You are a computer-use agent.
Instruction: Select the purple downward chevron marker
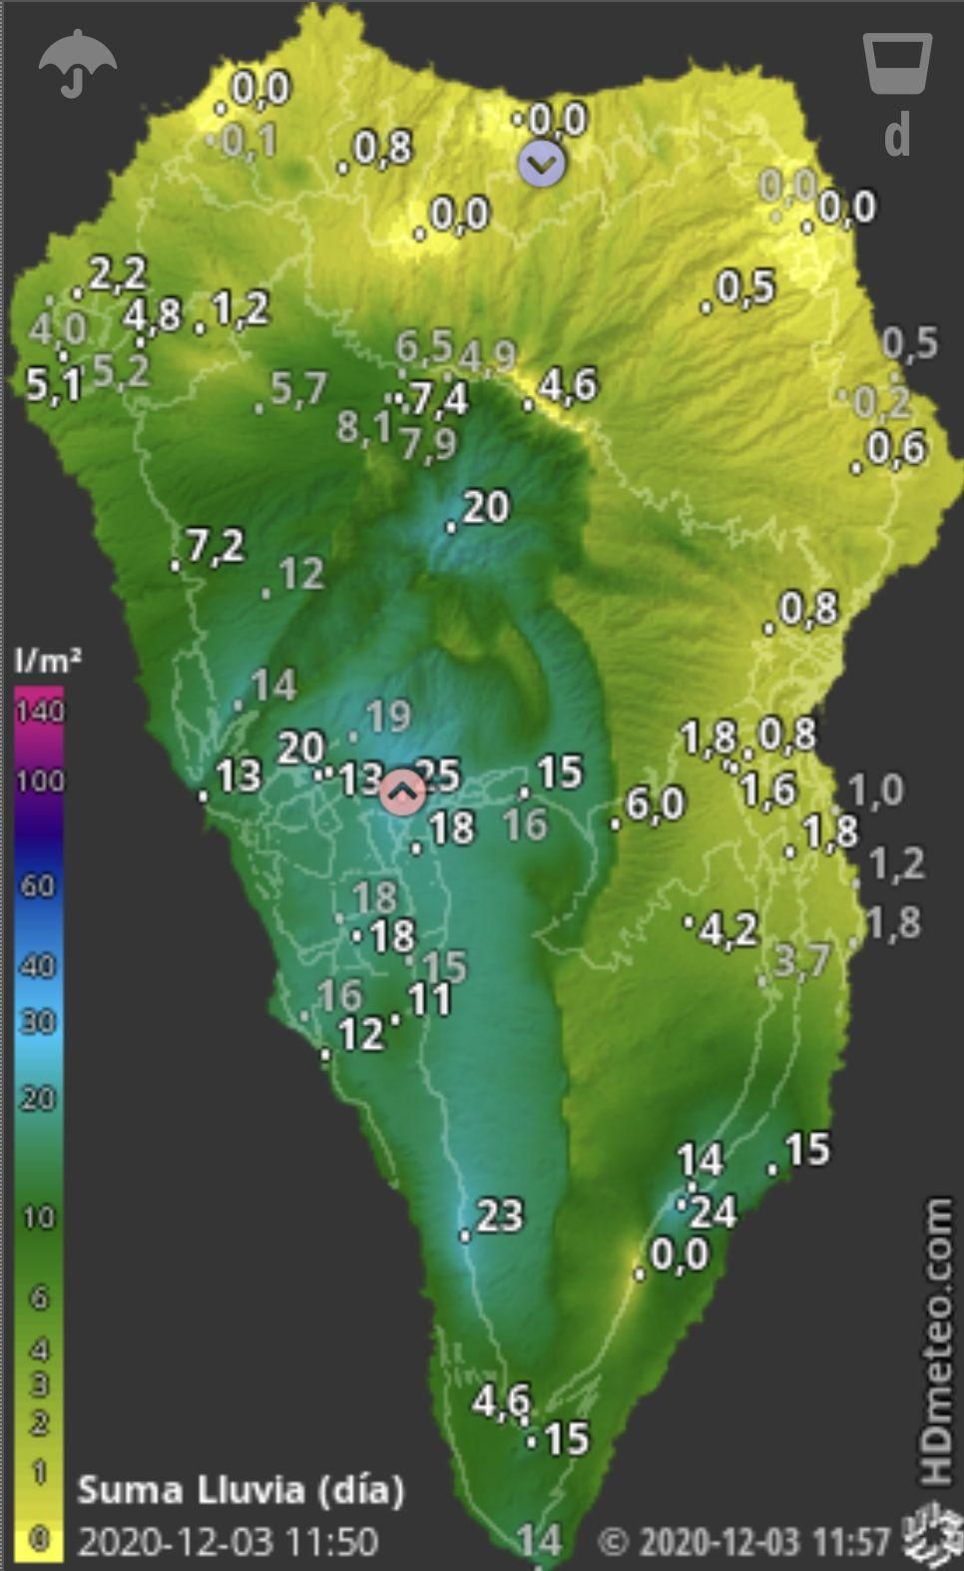[x=541, y=163]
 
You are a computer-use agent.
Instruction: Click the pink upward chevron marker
[x=403, y=792]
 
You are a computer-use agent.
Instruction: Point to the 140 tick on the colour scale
[x=39, y=711]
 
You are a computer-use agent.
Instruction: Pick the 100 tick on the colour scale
[x=39, y=780]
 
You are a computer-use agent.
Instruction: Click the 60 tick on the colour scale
[x=38, y=884]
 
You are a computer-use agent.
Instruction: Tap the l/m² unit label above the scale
[x=47, y=660]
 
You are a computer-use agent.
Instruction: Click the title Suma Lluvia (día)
[x=241, y=1490]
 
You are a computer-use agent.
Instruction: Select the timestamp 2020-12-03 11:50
[x=229, y=1541]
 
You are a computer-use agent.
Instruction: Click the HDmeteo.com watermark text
[x=936, y=1342]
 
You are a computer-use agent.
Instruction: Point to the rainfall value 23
[x=499, y=1216]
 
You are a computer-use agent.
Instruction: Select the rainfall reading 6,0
[x=656, y=804]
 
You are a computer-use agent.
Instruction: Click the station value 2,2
[x=118, y=272]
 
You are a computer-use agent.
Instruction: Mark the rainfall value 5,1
[x=53, y=384]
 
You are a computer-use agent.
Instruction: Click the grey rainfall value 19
[x=388, y=716]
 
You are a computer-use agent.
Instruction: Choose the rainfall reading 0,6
[x=896, y=448]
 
